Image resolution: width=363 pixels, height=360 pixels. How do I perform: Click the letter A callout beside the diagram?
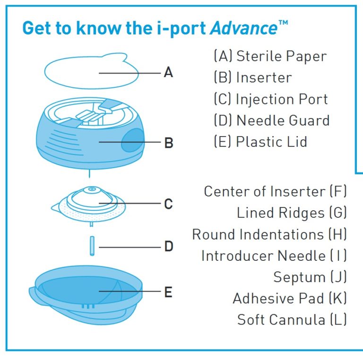[168, 73]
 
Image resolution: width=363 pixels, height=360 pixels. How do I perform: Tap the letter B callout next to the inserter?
[168, 142]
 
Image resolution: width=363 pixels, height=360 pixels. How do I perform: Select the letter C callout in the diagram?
[168, 204]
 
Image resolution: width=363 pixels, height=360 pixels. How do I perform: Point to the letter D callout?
[168, 246]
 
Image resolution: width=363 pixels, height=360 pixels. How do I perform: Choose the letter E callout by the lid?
[168, 292]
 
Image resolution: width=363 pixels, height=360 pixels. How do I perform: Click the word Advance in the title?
[243, 28]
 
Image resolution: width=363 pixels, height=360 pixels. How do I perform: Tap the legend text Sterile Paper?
[281, 56]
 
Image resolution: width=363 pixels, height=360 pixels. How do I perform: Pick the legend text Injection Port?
[282, 99]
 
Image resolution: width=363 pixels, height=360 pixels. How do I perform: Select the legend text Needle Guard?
[283, 120]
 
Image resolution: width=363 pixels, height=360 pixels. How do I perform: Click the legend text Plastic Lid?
[271, 142]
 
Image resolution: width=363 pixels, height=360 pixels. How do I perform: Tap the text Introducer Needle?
[263, 256]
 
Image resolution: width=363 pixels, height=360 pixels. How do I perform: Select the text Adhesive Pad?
[278, 298]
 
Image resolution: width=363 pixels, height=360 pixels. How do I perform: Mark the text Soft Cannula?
[281, 319]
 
